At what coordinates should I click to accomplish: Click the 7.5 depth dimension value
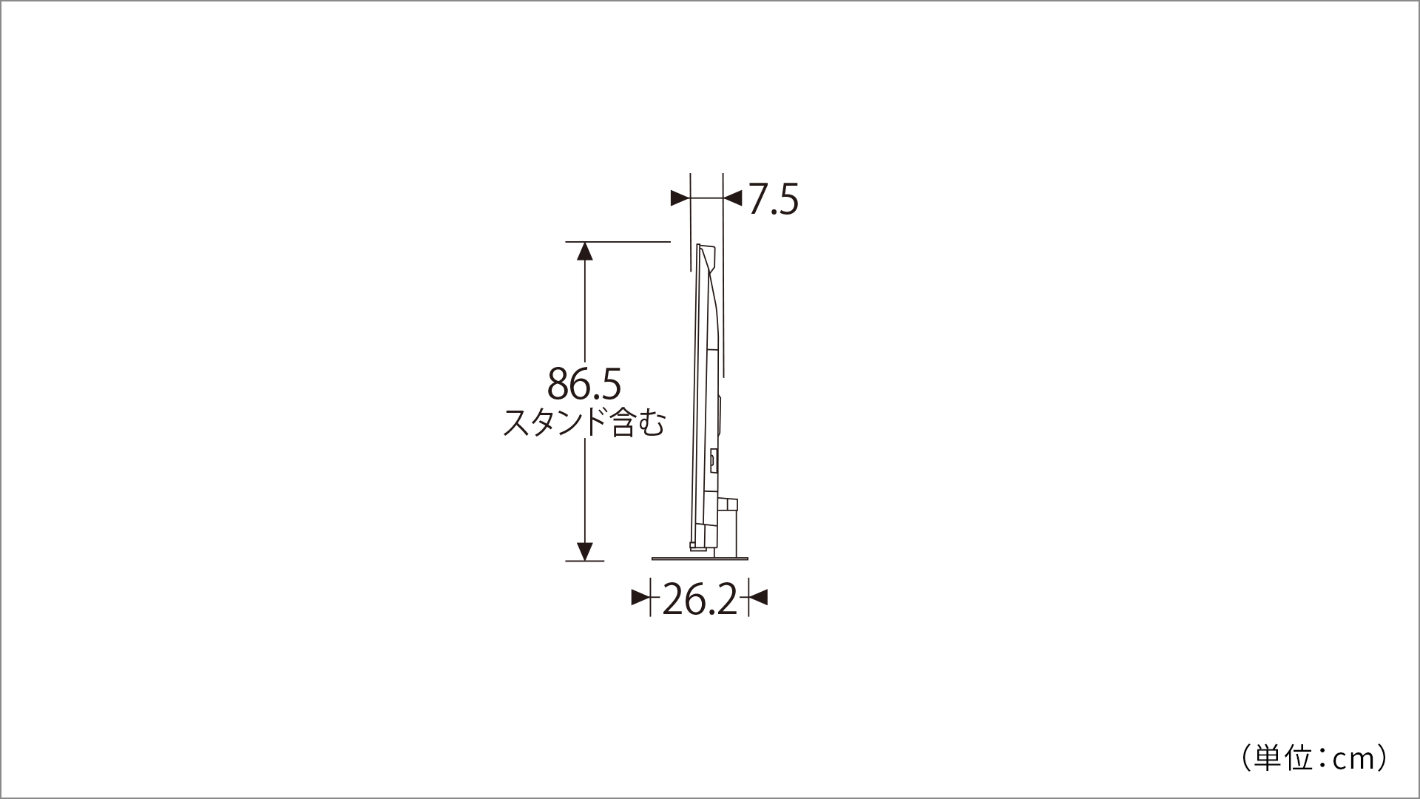point(773,199)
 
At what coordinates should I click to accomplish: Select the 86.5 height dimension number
point(584,384)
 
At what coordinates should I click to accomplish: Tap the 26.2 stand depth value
point(700,599)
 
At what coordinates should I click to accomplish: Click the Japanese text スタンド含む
point(584,423)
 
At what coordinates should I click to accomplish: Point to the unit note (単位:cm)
point(1312,758)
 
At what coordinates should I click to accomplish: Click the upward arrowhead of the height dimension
point(585,252)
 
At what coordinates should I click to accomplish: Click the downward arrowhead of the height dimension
point(585,552)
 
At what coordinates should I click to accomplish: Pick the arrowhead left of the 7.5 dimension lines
point(680,198)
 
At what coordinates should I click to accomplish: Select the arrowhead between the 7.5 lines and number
point(732,198)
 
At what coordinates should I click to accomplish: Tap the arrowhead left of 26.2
point(640,597)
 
